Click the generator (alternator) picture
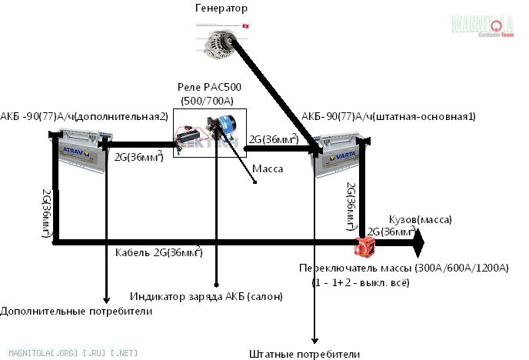pyautogui.click(x=218, y=40)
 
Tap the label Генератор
pyautogui.click(x=222, y=8)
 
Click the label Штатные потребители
pyautogui.click(x=304, y=354)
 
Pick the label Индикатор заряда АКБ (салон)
pyautogui.click(x=206, y=296)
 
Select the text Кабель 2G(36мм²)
pyautogui.click(x=158, y=252)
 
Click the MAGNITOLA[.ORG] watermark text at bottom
pyautogui.click(x=49, y=352)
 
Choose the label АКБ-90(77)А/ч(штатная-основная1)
pyautogui.click(x=388, y=116)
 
